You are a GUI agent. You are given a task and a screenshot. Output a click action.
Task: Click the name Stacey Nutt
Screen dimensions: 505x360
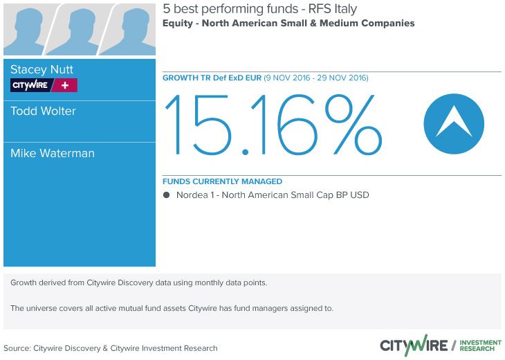pyautogui.click(x=42, y=70)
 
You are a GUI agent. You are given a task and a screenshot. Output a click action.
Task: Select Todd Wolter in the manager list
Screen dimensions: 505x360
pyautogui.click(x=43, y=111)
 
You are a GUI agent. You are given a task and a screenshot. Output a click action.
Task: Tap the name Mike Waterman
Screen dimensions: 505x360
pyautogui.click(x=53, y=153)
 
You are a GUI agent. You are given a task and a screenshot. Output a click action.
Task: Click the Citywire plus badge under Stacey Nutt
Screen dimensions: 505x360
pyautogui.click(x=44, y=85)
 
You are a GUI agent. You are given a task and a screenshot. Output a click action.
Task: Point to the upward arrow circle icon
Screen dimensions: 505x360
pyautogui.click(x=454, y=124)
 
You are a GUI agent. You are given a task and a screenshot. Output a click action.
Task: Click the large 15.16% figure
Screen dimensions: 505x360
pyautogui.click(x=273, y=125)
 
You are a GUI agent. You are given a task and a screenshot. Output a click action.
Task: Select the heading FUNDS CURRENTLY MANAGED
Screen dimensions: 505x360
pyautogui.click(x=222, y=181)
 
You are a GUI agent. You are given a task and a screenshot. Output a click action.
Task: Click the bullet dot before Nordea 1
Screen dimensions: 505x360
pyautogui.click(x=166, y=195)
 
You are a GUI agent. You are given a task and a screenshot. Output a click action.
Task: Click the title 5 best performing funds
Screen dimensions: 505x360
pyautogui.click(x=230, y=9)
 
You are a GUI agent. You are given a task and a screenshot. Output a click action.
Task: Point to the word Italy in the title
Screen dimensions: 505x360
pyautogui.click(x=345, y=9)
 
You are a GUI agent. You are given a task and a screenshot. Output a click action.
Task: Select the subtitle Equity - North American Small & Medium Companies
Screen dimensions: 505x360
pyautogui.click(x=288, y=24)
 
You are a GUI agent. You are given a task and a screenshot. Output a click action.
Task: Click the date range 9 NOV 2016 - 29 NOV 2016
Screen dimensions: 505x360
pyautogui.click(x=316, y=78)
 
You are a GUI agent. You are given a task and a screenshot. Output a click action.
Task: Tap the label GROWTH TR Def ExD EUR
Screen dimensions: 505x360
pyautogui.click(x=212, y=78)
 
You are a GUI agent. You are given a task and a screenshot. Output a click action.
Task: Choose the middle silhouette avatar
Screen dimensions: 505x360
pyautogui.click(x=78, y=30)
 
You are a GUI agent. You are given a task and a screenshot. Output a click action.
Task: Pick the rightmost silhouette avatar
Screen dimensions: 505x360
pyautogui.click(x=129, y=30)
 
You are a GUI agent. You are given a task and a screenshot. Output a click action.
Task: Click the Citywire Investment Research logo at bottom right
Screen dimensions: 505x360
pyautogui.click(x=441, y=345)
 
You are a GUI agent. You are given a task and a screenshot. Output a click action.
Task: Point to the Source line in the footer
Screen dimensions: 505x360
pyautogui.click(x=111, y=348)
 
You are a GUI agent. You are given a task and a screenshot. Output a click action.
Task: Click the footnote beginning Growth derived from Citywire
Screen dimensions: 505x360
pyautogui.click(x=139, y=282)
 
